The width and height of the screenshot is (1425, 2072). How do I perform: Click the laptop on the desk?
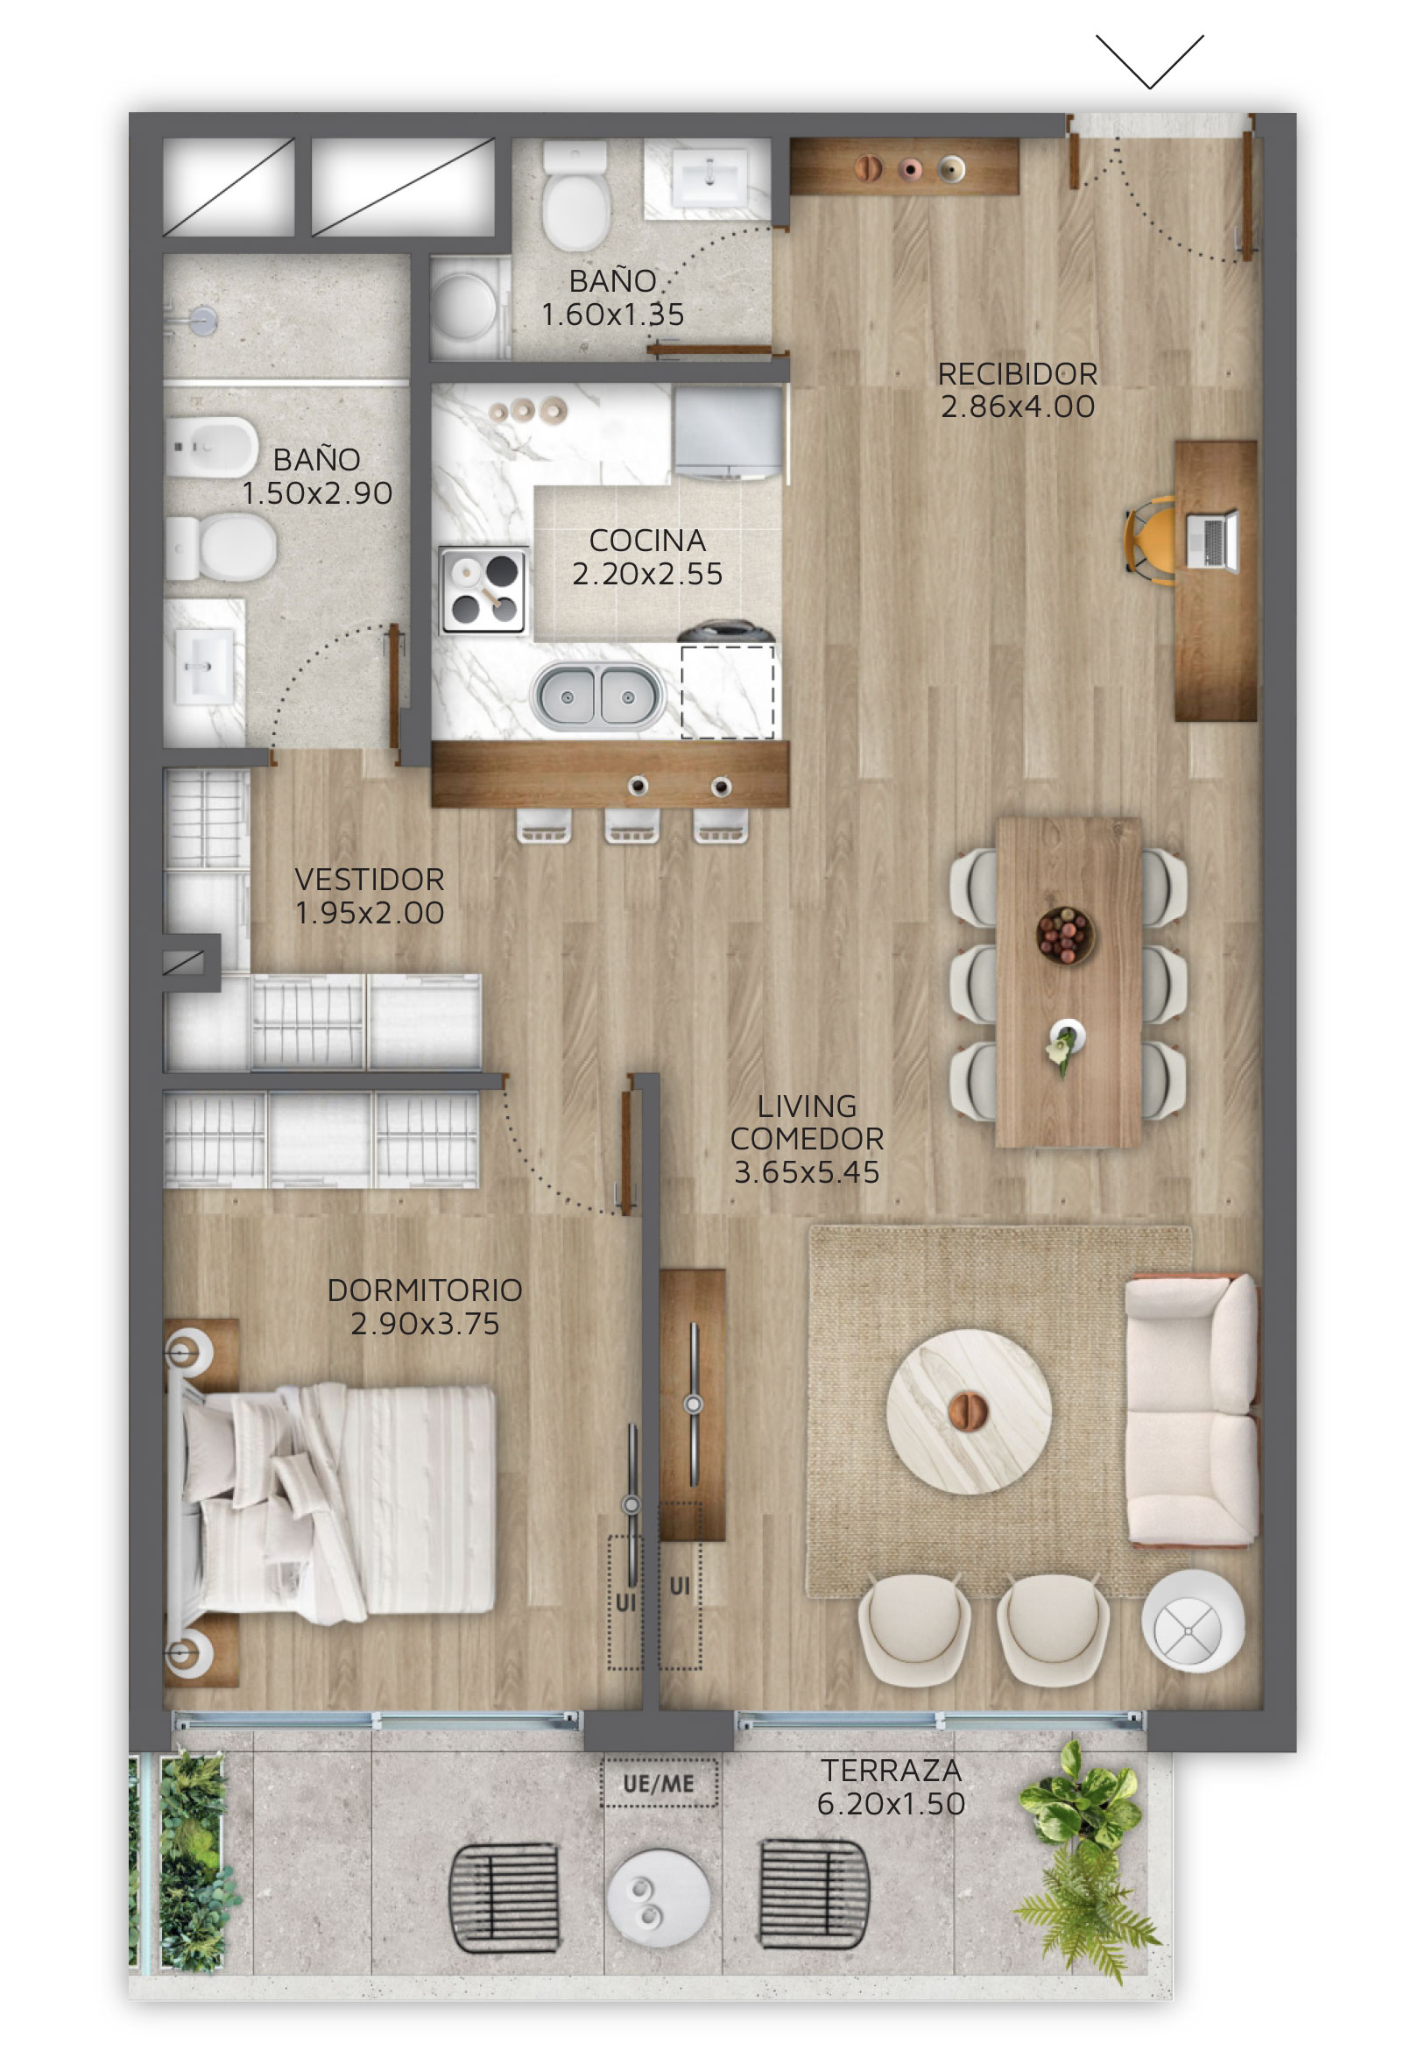click(x=1211, y=540)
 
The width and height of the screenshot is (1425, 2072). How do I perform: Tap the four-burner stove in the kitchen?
click(x=483, y=590)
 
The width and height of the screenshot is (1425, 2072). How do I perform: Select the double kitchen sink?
click(x=597, y=696)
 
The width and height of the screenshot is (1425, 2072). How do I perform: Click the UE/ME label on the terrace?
click(x=659, y=1784)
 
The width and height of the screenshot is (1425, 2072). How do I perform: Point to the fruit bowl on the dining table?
click(x=1063, y=935)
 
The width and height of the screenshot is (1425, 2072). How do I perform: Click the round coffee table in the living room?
click(x=969, y=1411)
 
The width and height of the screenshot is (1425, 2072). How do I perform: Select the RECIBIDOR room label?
click(x=1017, y=373)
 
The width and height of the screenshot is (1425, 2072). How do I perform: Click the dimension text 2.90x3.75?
click(x=424, y=1324)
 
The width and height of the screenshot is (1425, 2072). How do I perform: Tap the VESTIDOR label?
click(x=370, y=880)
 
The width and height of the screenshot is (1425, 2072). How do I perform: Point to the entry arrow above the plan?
click(x=1150, y=61)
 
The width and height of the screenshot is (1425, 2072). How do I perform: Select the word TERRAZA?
click(x=891, y=1770)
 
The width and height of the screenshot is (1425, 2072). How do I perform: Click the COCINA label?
click(x=647, y=541)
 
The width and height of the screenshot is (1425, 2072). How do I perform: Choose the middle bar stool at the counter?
click(x=632, y=826)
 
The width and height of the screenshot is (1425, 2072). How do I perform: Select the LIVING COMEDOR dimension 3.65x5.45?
click(x=807, y=1171)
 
